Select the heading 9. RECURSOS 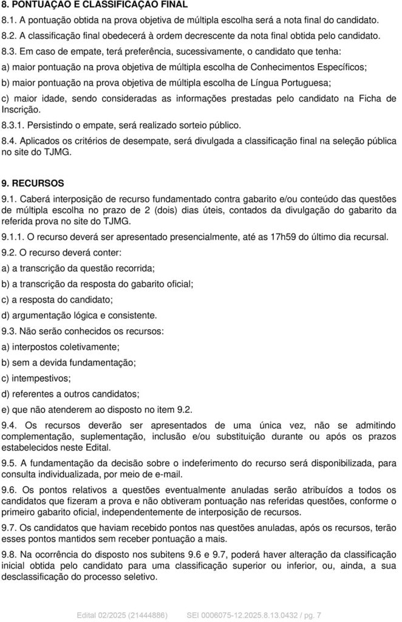(x=37, y=182)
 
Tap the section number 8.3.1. (x=13, y=126)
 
